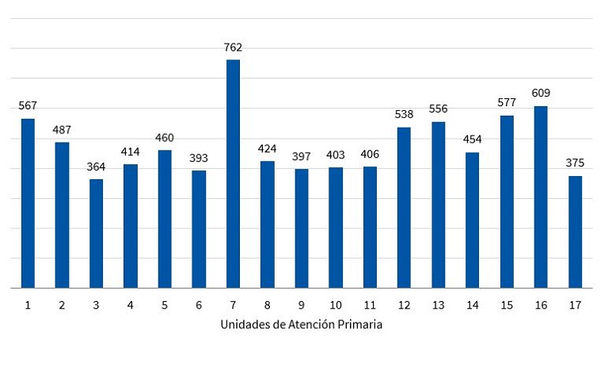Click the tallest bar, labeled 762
[x=233, y=174]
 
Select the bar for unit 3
[x=96, y=233]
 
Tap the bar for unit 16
[x=541, y=197]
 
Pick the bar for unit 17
[x=575, y=231]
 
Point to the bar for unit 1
[x=28, y=203]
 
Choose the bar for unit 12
[x=404, y=207]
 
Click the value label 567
[x=28, y=105]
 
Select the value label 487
[x=62, y=129]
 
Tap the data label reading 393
[x=199, y=158]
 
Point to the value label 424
[x=267, y=148]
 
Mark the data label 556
[x=438, y=109]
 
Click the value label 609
[x=541, y=93]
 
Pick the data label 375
[x=575, y=163]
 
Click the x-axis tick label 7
[x=233, y=304]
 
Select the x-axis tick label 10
[x=336, y=304]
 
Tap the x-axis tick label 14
[x=472, y=304]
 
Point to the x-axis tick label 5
[x=165, y=304]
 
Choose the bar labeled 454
[x=472, y=220]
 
